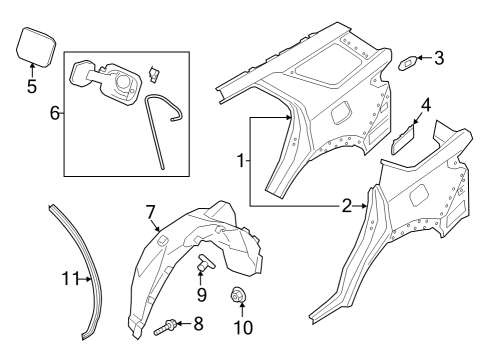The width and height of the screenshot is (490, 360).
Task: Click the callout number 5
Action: pos(31,87)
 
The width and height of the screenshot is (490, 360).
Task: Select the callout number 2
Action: pos(347,206)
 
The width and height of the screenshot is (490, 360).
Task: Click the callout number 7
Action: pos(150,212)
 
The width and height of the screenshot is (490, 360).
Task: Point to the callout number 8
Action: pos(197,323)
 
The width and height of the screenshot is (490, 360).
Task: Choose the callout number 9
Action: pos(201,295)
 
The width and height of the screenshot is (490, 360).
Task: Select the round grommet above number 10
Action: pos(240,294)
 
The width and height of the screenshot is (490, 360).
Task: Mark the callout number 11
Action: pos(67,278)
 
